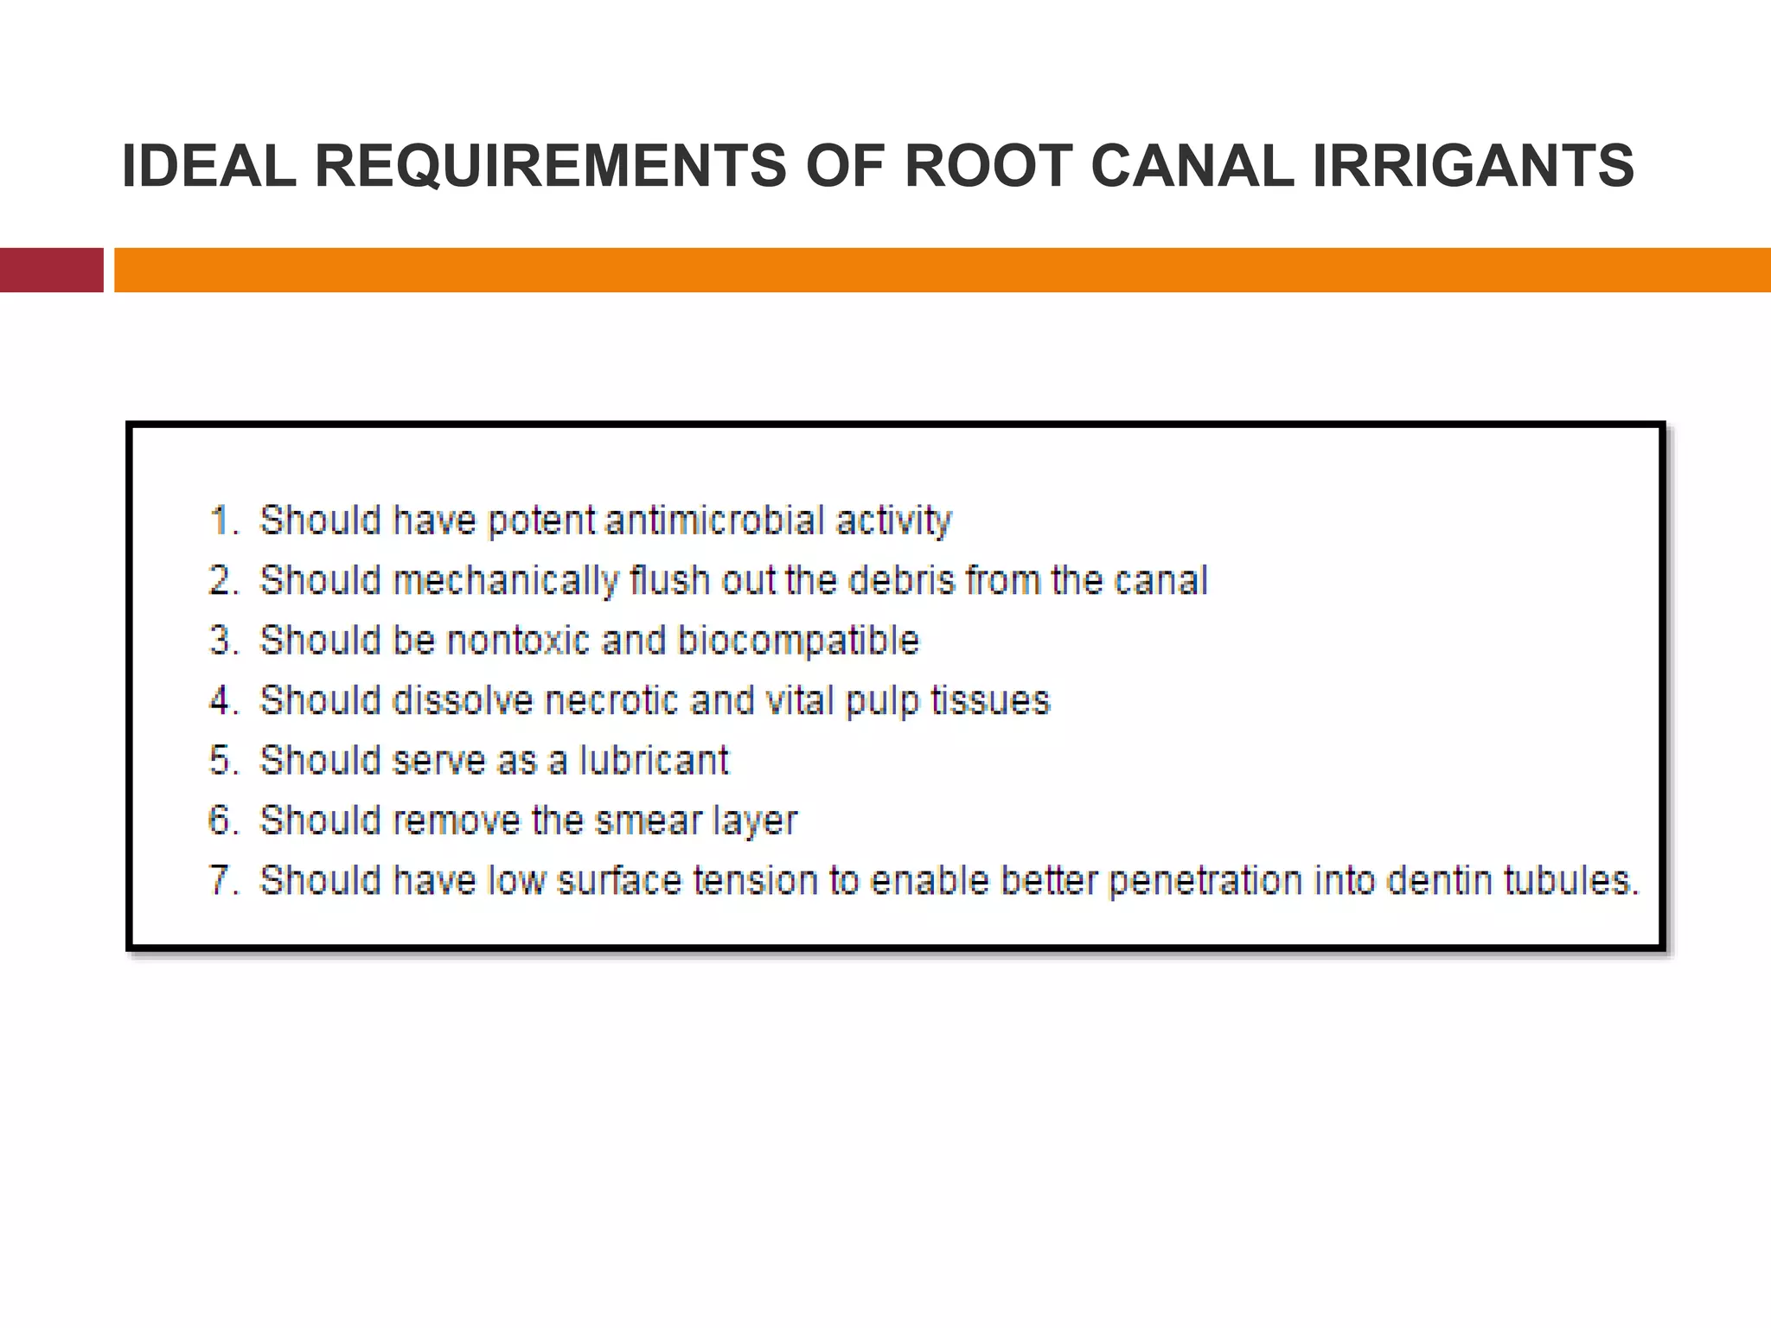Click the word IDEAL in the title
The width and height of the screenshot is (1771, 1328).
208,165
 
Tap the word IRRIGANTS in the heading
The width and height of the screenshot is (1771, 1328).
1473,165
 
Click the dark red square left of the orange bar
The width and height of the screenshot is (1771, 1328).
51,270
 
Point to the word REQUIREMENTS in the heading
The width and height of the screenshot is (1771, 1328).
550,165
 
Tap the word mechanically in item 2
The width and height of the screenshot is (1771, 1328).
506,581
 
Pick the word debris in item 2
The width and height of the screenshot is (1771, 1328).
901,580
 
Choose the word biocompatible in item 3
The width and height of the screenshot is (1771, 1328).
797,641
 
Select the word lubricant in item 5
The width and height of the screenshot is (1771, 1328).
654,760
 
